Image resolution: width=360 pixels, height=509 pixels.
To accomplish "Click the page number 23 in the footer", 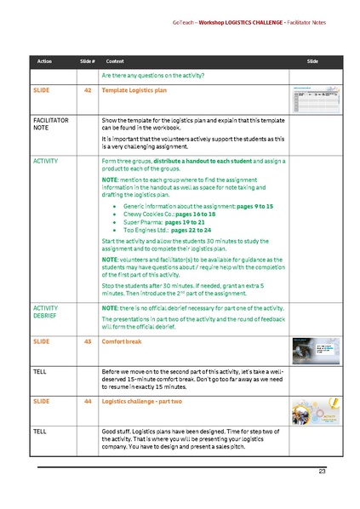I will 322,472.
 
